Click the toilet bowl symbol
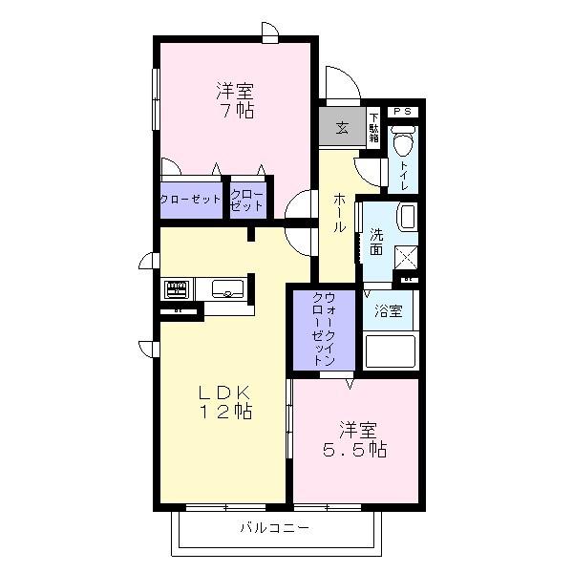402,144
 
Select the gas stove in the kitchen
178,287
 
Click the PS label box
402,111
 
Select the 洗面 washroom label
376,242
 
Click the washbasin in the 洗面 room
407,217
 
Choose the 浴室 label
388,309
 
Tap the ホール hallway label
339,214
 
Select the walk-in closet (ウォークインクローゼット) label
324,330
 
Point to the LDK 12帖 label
224,402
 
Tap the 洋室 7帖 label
234,100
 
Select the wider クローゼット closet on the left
190,200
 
